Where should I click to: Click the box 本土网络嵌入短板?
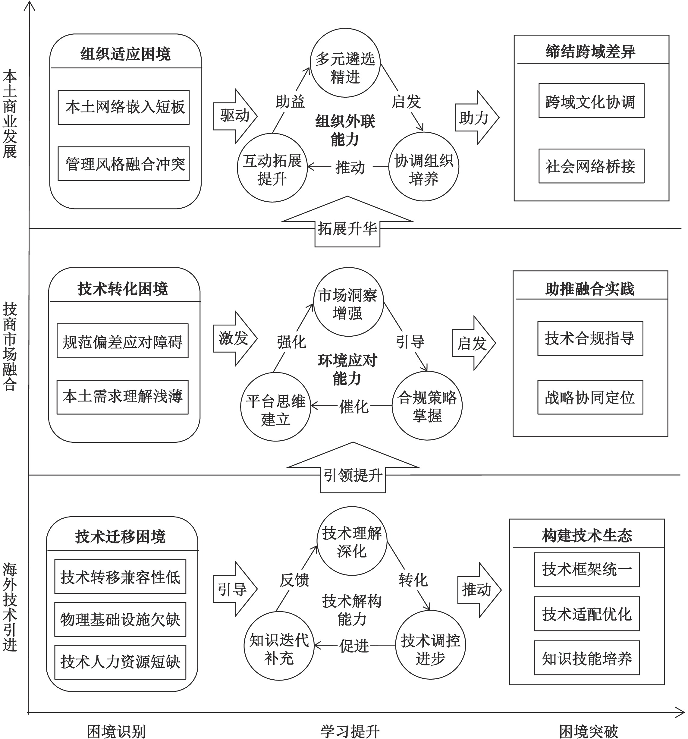click(x=123, y=107)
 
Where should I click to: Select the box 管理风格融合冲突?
click(x=123, y=164)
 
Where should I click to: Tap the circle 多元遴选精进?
click(x=345, y=62)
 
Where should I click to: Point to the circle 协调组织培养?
click(x=424, y=167)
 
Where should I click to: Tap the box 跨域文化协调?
click(x=591, y=101)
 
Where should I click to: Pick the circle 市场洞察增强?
click(x=348, y=302)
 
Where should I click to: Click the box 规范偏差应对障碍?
click(x=122, y=341)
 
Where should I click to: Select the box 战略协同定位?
click(x=590, y=397)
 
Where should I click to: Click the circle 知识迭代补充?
click(x=279, y=646)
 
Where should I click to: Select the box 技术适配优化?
click(x=586, y=614)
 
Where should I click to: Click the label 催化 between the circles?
click(x=353, y=406)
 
